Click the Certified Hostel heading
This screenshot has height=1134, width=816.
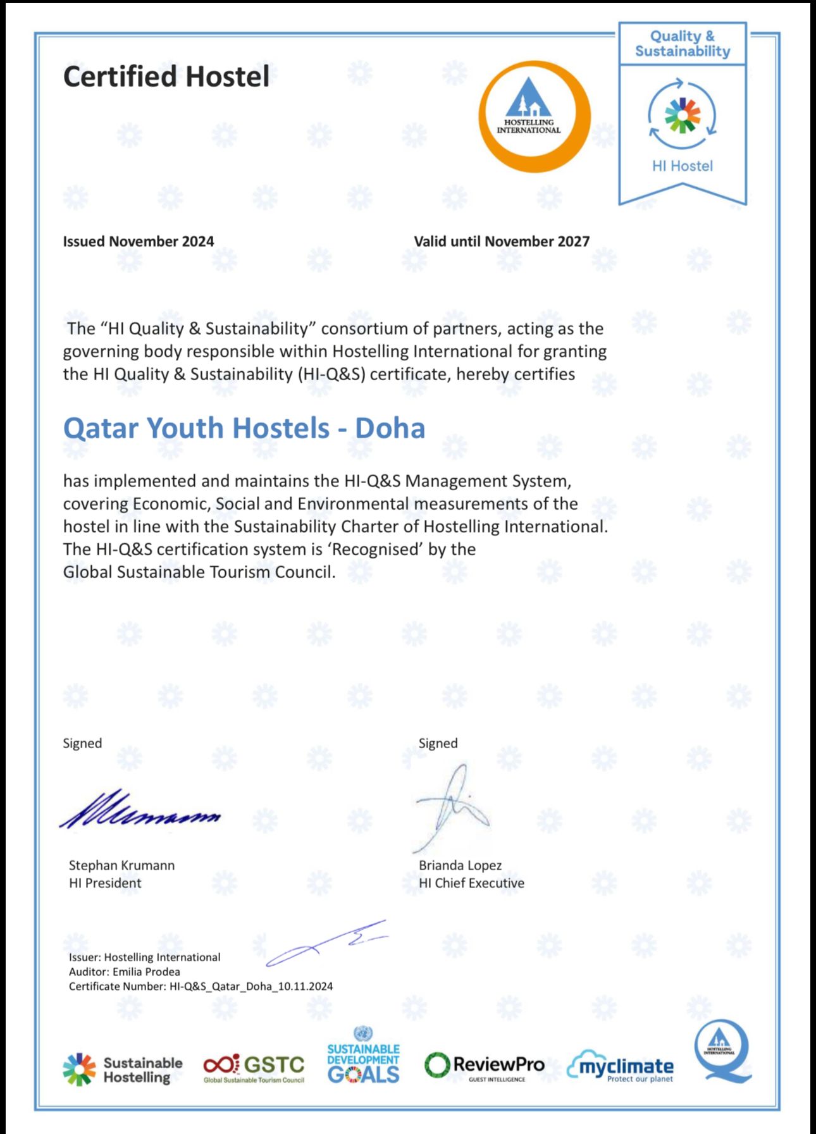pos(166,77)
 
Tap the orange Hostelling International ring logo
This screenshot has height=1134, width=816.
pos(535,116)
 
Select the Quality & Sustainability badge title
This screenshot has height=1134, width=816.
pos(682,44)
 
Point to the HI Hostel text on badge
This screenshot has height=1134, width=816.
pos(682,166)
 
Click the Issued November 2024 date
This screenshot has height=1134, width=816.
pos(138,242)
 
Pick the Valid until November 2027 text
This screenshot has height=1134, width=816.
pos(502,242)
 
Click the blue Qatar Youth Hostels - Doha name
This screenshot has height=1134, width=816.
pos(244,428)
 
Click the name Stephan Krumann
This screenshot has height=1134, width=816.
pos(121,865)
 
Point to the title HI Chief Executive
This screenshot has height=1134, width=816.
pos(471,883)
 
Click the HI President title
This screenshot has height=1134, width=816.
pos(105,883)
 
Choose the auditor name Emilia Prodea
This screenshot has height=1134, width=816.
pos(146,972)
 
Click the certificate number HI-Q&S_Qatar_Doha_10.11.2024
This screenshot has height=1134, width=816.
pos(250,987)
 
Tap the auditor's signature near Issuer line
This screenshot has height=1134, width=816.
pos(326,942)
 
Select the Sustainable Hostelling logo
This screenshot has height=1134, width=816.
pos(122,1069)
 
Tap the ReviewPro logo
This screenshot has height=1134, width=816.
pos(484,1066)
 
